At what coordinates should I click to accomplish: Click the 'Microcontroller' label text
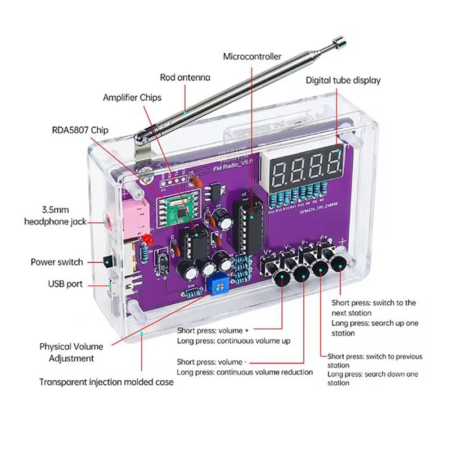click(252, 56)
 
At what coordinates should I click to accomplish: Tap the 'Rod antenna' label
click(185, 78)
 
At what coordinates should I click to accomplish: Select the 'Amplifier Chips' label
click(132, 97)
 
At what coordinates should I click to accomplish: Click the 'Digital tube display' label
click(343, 80)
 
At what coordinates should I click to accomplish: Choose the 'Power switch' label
click(57, 262)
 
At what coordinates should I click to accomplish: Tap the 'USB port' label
click(65, 283)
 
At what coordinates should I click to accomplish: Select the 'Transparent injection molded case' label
click(106, 382)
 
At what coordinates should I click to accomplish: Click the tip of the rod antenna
click(339, 40)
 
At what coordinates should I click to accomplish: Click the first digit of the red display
click(281, 167)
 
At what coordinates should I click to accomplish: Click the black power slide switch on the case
click(105, 261)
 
